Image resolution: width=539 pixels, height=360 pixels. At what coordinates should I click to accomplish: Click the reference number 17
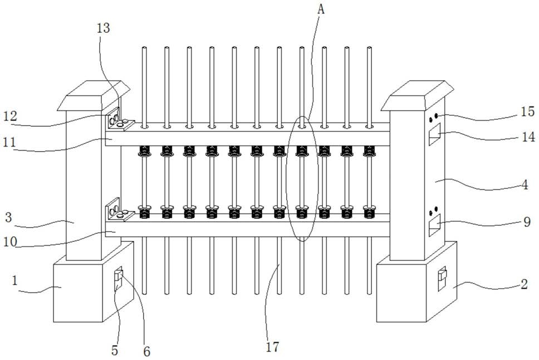272,347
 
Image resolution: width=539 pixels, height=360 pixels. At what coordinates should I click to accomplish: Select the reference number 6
148,352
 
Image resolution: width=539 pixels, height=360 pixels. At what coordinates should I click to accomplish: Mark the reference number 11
12,143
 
